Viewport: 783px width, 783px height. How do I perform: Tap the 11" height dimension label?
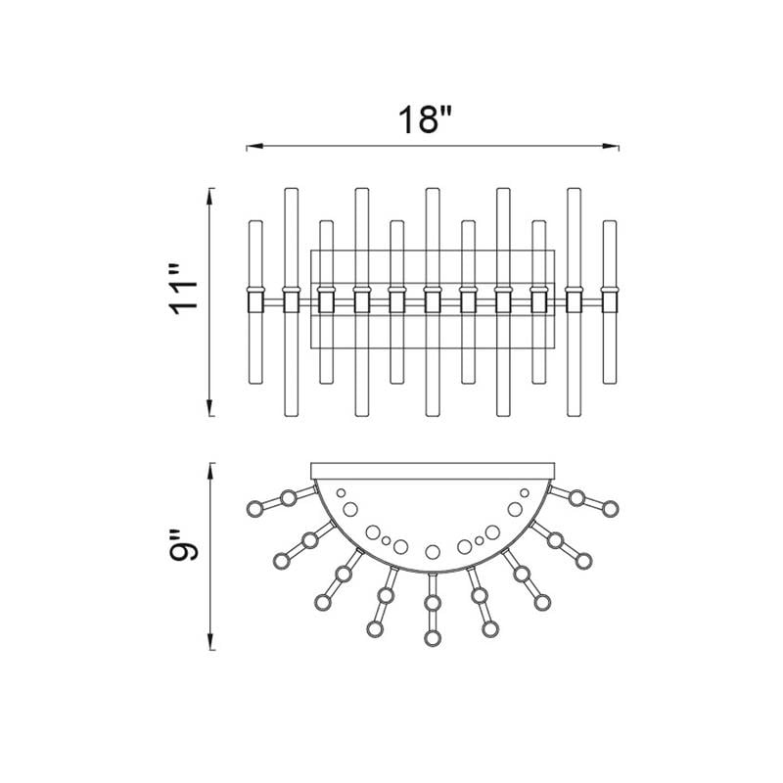point(185,291)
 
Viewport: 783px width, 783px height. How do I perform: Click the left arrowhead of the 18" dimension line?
point(254,146)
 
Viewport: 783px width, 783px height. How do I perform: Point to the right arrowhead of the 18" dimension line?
point(611,146)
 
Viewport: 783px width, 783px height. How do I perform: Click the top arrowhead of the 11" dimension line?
point(210,197)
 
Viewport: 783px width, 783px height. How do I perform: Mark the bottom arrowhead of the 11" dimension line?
point(210,407)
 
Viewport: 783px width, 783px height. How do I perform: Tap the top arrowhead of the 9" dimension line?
point(210,472)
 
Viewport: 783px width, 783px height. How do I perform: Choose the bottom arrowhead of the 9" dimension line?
point(210,642)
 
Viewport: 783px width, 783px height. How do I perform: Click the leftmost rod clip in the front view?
point(255,301)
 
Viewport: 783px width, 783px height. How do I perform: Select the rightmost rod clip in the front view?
point(609,301)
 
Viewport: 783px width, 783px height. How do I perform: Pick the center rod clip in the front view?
point(433,301)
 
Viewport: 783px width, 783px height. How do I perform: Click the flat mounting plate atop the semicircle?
point(433,472)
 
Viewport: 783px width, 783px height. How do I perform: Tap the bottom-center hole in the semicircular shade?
point(433,552)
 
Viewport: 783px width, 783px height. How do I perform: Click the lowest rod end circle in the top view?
point(433,638)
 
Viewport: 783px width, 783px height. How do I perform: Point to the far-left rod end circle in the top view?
point(255,509)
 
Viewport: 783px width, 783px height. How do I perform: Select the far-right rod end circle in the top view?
point(610,509)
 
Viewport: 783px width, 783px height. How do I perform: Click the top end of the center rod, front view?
point(433,189)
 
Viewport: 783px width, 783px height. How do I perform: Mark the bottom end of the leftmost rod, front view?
point(255,383)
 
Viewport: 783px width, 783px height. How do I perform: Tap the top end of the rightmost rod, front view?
point(609,222)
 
